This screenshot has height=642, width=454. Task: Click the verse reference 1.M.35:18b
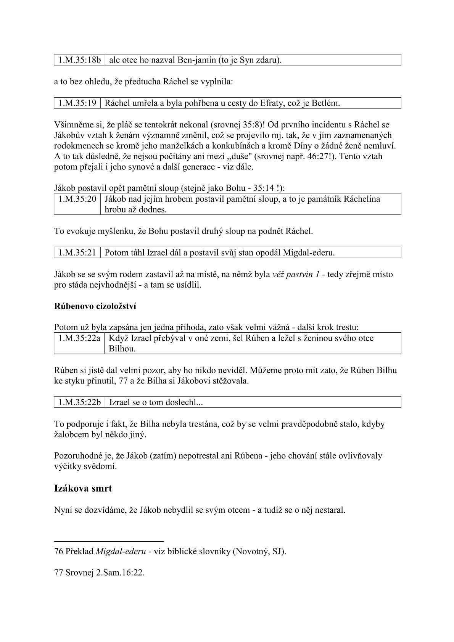[79, 60]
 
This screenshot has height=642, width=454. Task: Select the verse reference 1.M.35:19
[77, 103]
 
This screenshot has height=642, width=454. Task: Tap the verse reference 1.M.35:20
[77, 199]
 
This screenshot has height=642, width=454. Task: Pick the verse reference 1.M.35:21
[77, 253]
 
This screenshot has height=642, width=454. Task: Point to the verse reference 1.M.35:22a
[79, 338]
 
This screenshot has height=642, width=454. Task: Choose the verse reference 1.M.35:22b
[79, 402]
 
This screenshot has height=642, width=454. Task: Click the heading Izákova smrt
[83, 488]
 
